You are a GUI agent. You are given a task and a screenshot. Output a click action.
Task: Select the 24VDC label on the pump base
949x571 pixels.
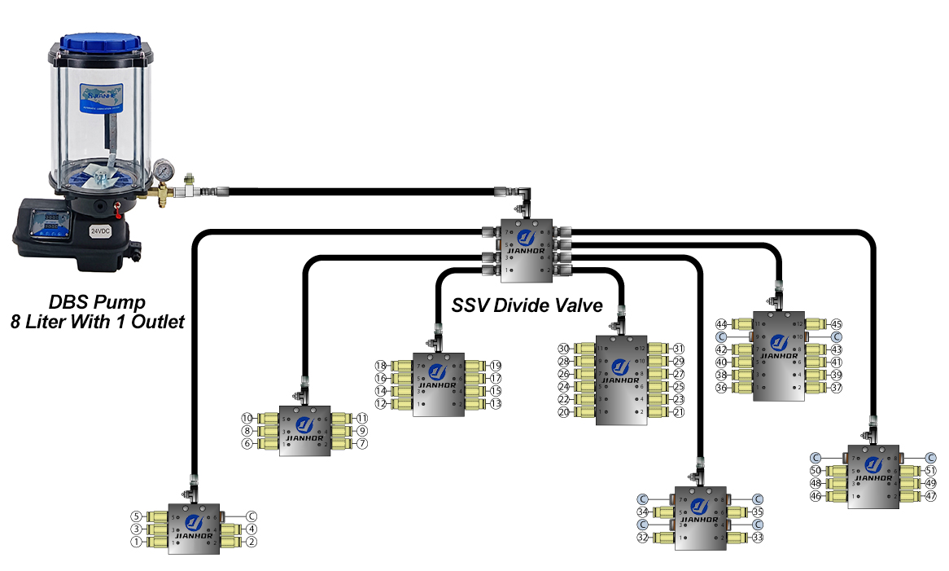pyautogui.click(x=100, y=231)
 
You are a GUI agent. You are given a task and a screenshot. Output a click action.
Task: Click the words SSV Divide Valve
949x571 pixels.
pyautogui.click(x=527, y=306)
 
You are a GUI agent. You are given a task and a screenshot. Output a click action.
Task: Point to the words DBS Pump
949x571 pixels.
pyautogui.click(x=97, y=304)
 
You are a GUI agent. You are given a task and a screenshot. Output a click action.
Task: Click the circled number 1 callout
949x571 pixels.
pyautogui.click(x=136, y=542)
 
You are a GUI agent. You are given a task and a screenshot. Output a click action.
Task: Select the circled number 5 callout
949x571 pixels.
pyautogui.click(x=136, y=516)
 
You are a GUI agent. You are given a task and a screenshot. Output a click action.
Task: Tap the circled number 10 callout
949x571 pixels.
pyautogui.click(x=247, y=418)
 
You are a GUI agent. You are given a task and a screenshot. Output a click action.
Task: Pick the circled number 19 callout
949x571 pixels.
pyautogui.click(x=496, y=366)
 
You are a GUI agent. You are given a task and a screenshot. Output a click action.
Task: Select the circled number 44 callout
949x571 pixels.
pyautogui.click(x=720, y=323)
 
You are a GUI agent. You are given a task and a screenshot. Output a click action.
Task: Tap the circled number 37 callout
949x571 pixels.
pyautogui.click(x=837, y=388)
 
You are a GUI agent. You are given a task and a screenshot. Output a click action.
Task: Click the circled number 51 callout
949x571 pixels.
pyautogui.click(x=931, y=471)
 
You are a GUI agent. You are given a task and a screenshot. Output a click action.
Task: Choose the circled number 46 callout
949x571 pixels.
pyautogui.click(x=816, y=495)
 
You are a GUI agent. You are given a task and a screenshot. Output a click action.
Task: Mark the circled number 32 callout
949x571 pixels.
pyautogui.click(x=642, y=538)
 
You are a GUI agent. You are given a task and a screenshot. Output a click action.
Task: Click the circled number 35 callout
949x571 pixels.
pyautogui.click(x=759, y=512)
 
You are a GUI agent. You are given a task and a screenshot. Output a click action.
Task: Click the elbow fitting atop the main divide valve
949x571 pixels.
pyautogui.click(x=524, y=195)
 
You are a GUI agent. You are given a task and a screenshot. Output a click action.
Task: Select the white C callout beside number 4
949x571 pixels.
pyautogui.click(x=251, y=516)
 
